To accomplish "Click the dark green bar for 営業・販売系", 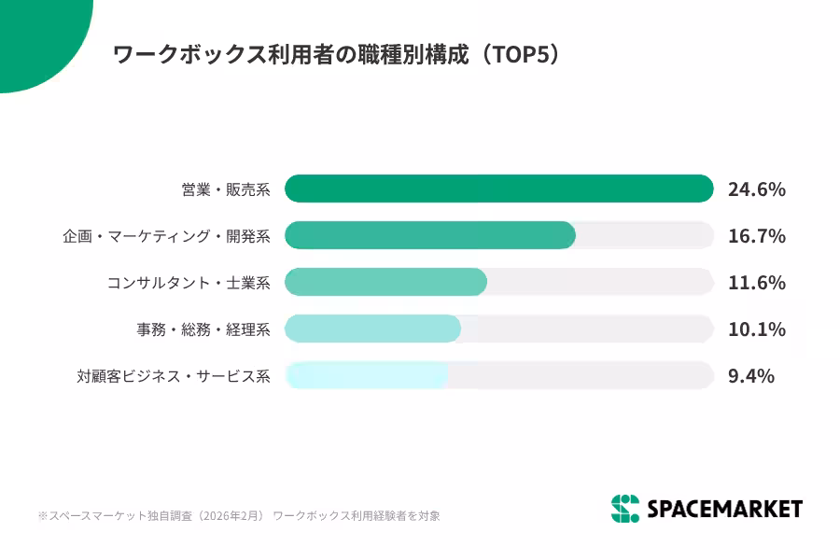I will [498, 189].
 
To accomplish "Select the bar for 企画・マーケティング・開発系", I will [429, 235].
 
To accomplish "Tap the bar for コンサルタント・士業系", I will [385, 282].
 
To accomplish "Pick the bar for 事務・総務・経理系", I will [372, 329].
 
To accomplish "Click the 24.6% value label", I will [756, 189].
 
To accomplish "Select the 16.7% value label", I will [756, 236].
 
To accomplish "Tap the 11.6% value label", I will [756, 283].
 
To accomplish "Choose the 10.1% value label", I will [756, 329].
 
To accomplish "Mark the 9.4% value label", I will [750, 376].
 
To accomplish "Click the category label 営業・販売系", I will [226, 189].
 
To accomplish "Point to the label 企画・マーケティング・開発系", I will [166, 236].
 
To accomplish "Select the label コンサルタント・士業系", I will [189, 283].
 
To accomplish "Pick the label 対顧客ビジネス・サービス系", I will [174, 376].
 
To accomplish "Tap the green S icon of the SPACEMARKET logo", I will [625, 509].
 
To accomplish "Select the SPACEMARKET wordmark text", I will [724, 509].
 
